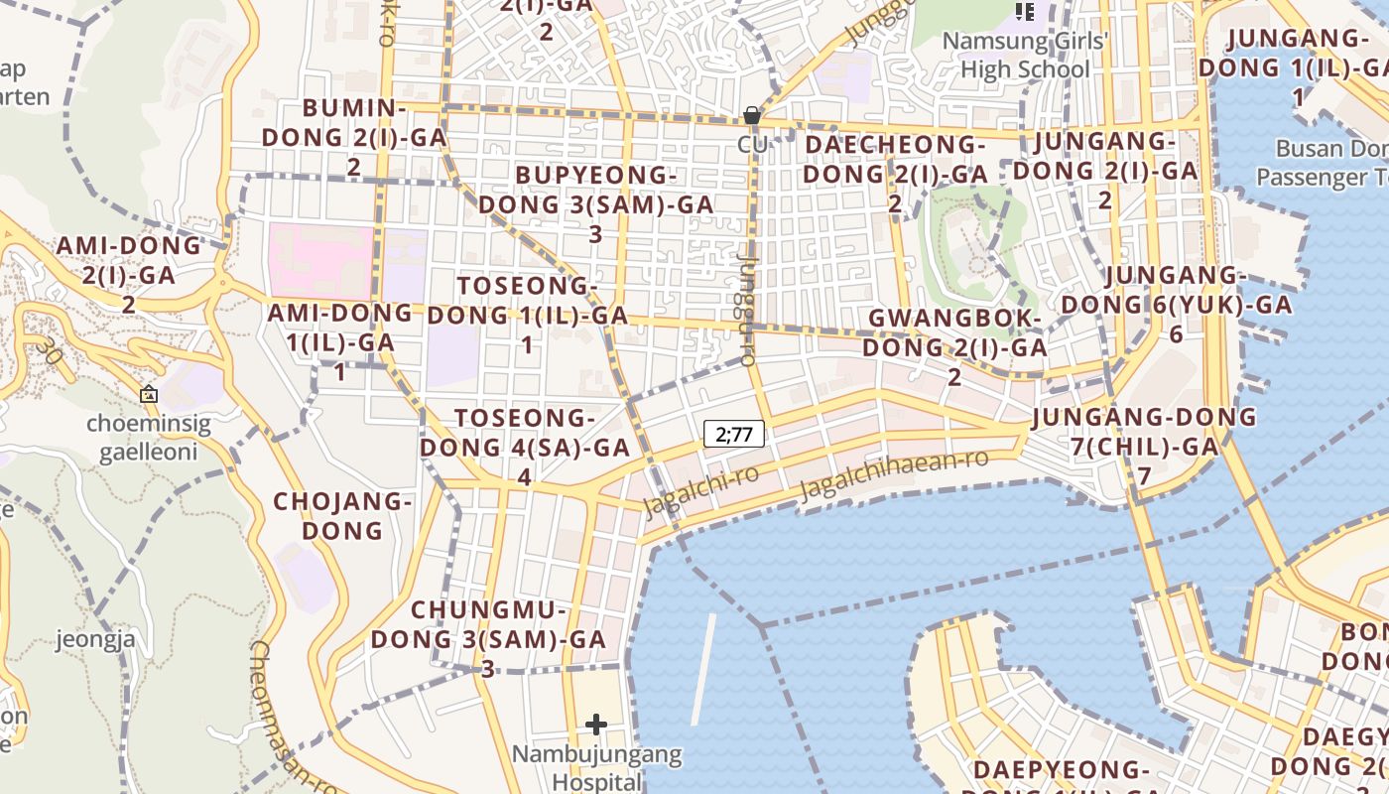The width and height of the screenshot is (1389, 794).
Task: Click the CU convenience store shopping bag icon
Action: coord(752,116)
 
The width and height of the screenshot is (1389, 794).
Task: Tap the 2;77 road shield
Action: coord(734,434)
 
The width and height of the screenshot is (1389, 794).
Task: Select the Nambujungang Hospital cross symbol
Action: coord(595,725)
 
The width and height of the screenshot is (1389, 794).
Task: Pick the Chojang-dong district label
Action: coord(342,515)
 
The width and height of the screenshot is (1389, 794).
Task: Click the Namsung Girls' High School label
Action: coord(1025,56)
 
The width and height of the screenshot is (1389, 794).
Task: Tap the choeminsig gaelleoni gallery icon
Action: coord(149,394)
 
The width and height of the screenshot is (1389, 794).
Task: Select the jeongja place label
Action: coord(95,638)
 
